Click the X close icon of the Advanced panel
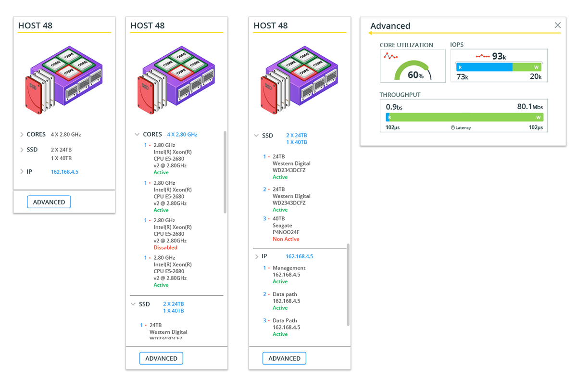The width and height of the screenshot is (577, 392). pos(557,25)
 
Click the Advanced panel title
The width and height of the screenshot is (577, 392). pos(390,26)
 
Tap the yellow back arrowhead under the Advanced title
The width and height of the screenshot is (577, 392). pos(371,33)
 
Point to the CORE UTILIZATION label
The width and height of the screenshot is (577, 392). pos(406,45)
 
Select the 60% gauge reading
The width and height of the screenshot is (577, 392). pos(415,76)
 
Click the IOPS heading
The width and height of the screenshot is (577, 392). pos(457,45)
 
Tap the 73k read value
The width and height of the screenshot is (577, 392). pos(462,77)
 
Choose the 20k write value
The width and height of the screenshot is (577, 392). pos(536,77)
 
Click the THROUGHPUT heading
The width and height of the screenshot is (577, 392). pos(400,95)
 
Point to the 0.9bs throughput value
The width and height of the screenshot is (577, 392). pos(394,107)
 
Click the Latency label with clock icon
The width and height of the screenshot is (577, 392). pos(461,127)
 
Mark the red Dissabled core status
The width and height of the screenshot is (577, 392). pos(165,248)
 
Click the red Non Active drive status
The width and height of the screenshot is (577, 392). pos(286,239)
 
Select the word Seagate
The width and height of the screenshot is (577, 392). pos(282,226)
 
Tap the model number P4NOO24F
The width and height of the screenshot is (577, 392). pos(286,232)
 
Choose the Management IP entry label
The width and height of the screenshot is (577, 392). pos(289,268)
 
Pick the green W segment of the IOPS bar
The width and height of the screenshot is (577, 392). pos(527,67)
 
